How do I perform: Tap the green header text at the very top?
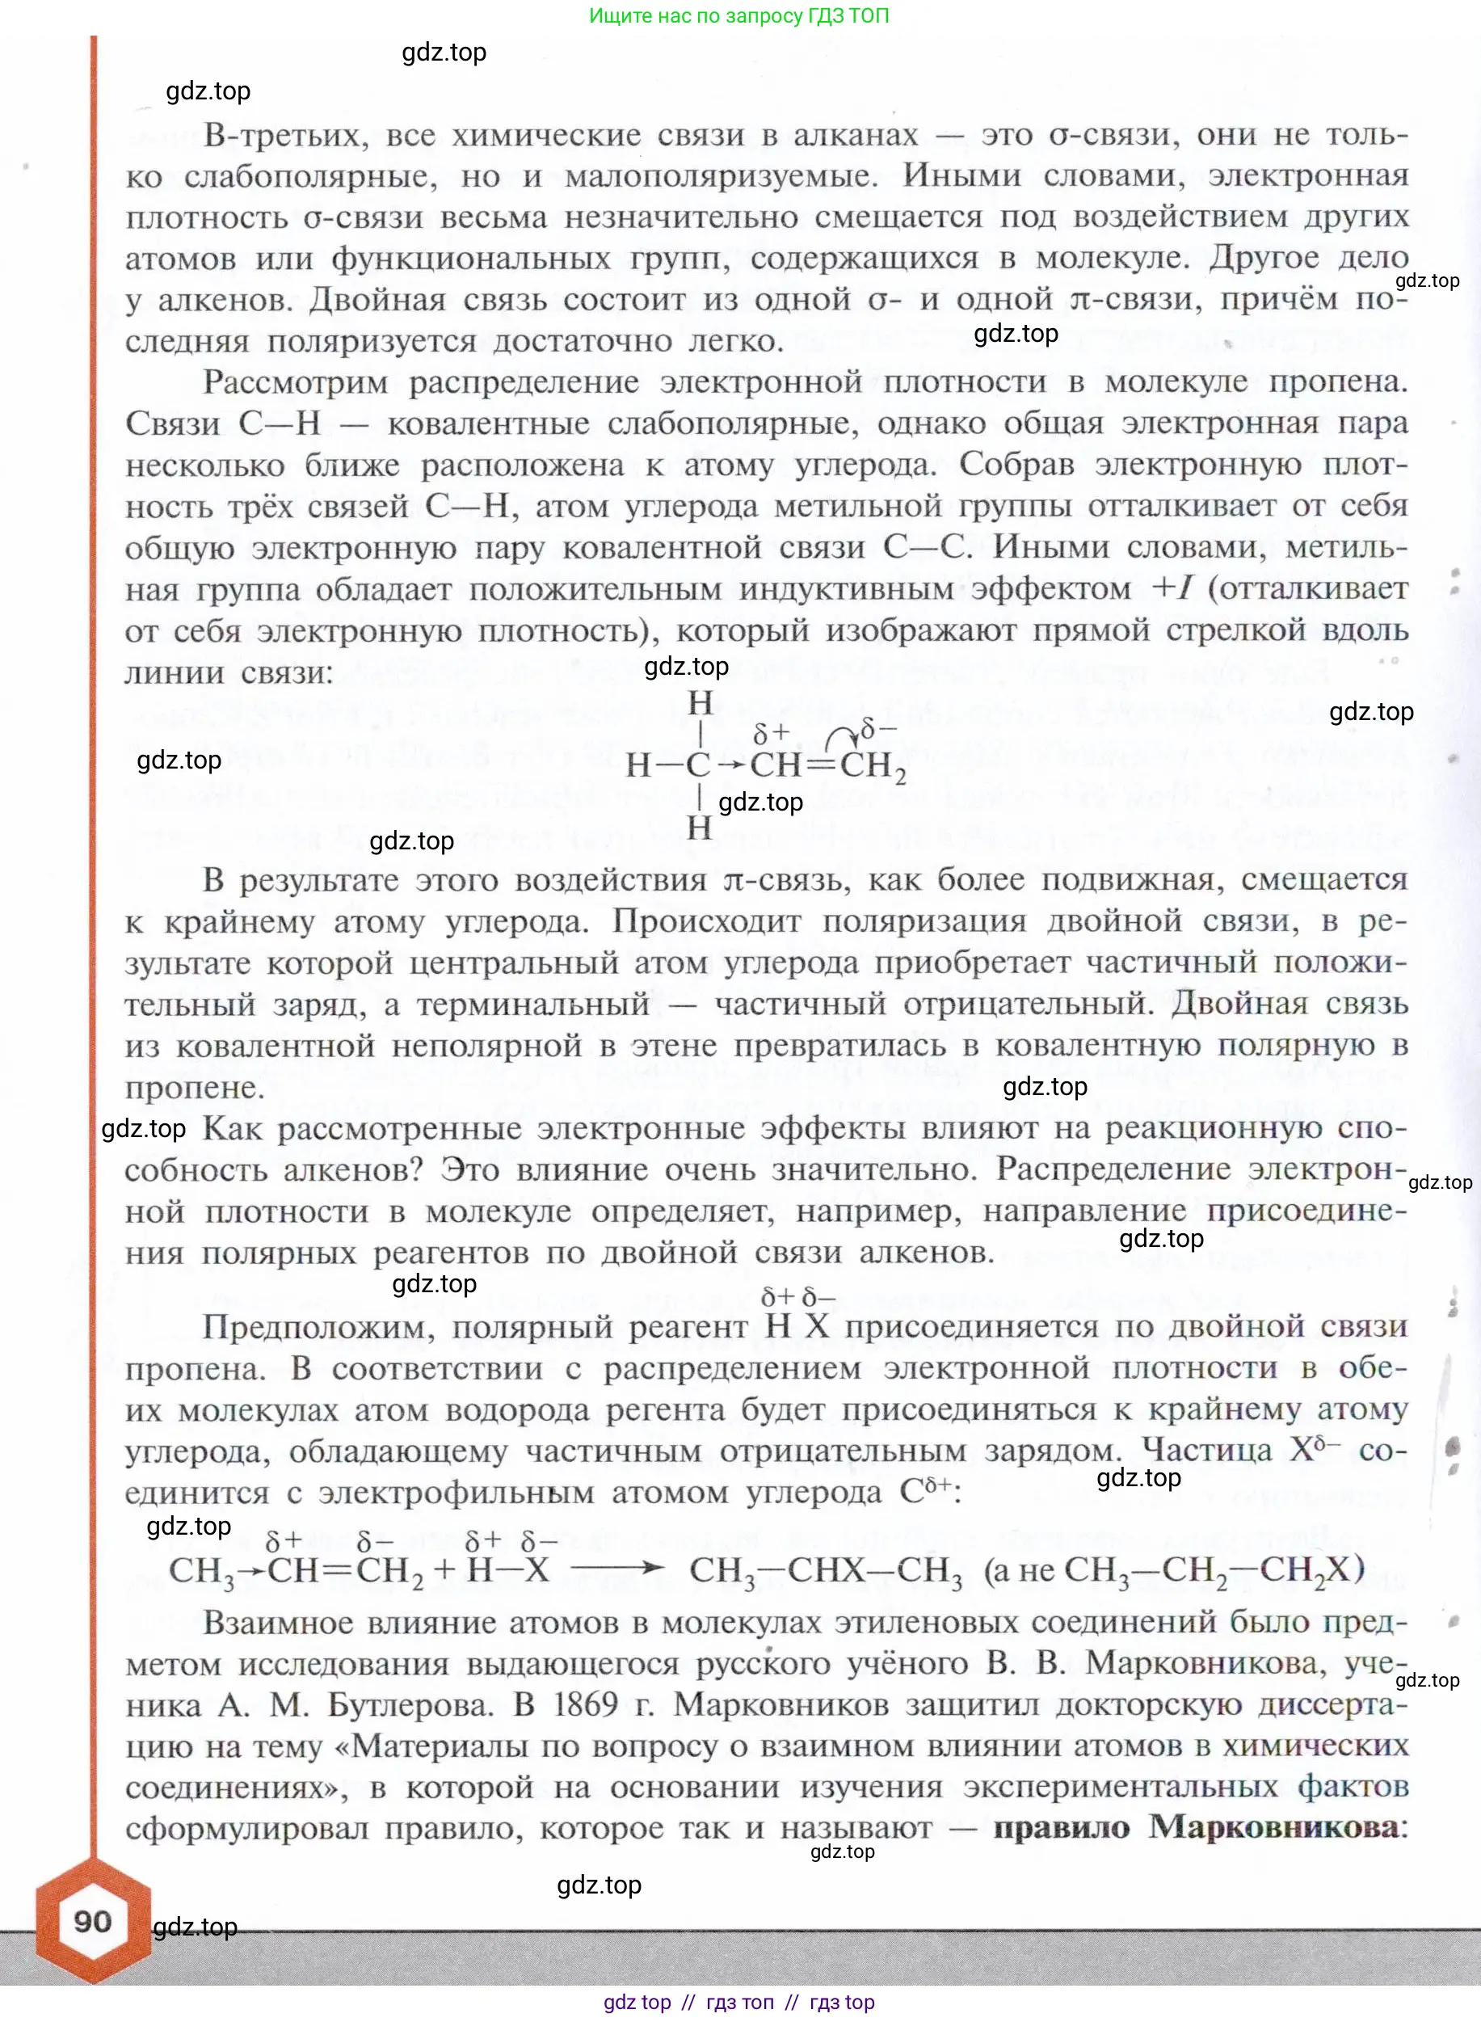pyautogui.click(x=738, y=15)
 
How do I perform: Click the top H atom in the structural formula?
pyautogui.click(x=701, y=704)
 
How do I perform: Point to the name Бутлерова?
pyautogui.click(x=410, y=1704)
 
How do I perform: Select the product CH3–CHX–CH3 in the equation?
pyautogui.click(x=825, y=1570)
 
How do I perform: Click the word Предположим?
pyautogui.click(x=318, y=1327)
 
